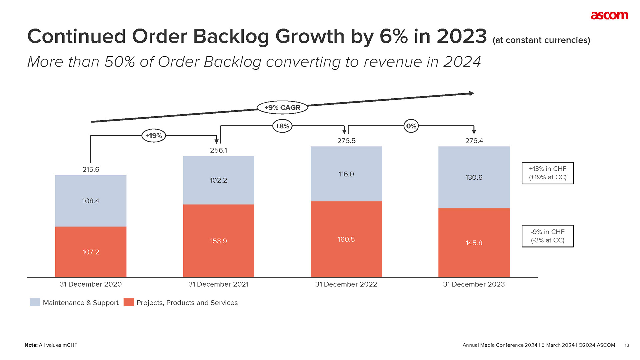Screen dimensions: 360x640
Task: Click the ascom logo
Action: point(609,15)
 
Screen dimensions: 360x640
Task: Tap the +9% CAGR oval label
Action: point(282,108)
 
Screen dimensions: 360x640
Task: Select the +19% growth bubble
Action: point(154,136)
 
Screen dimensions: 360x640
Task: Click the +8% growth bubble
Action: point(282,126)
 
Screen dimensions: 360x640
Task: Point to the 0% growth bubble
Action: point(411,126)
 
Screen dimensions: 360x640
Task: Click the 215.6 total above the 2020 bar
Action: point(91,169)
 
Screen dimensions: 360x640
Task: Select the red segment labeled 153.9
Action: point(218,241)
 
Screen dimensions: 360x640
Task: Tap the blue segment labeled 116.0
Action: point(346,174)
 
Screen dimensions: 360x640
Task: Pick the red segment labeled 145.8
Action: point(474,243)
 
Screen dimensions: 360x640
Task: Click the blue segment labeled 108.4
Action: point(91,201)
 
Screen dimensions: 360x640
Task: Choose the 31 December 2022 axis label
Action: point(346,284)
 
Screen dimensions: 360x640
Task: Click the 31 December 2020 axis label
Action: point(91,284)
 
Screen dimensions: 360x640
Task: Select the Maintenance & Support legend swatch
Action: point(35,302)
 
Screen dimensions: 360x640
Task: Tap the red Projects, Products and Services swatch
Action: point(129,302)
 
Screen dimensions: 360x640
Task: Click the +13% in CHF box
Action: point(547,173)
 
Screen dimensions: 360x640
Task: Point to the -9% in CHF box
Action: point(547,236)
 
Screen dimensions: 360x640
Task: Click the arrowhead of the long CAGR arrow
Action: point(471,93)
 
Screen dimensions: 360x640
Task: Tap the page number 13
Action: point(627,345)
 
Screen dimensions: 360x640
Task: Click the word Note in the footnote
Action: point(31,345)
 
